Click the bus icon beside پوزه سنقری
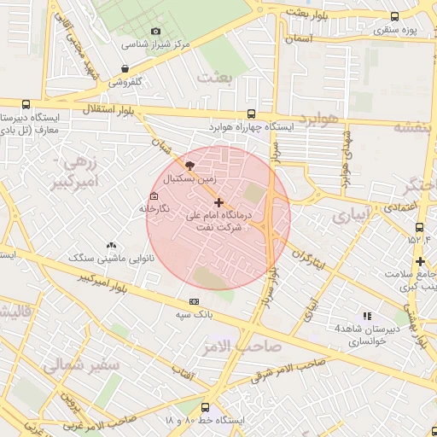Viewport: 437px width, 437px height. pos(394,16)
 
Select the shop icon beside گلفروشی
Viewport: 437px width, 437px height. pos(125,69)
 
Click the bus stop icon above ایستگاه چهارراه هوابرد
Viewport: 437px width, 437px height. pos(250,114)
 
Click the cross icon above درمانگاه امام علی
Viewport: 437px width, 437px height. pos(219,202)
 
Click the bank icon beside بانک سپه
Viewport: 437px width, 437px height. pos(194,300)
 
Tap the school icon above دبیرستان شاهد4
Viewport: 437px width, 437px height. pos(367,315)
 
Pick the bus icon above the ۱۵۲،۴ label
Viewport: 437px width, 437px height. pos(419,228)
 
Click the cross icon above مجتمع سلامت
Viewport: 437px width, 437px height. pos(419,261)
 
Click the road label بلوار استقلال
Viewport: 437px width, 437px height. pos(106,110)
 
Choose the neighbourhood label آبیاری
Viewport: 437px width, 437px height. pos(351,217)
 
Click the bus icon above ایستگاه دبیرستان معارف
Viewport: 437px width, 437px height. pos(26,104)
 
